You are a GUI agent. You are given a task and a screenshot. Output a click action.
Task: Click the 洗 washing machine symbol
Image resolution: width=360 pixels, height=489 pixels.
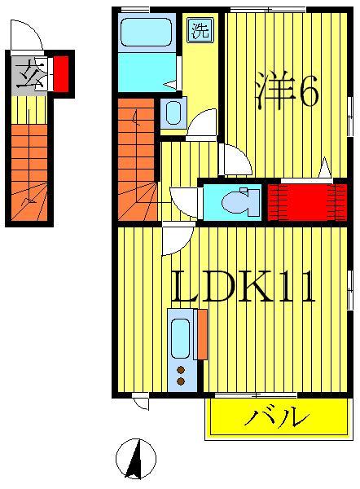[x=199, y=32]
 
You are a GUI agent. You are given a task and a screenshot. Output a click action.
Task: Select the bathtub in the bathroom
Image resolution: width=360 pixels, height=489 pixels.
[x=144, y=34]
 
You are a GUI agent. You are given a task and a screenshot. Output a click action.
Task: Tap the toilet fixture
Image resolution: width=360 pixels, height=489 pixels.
[x=233, y=200]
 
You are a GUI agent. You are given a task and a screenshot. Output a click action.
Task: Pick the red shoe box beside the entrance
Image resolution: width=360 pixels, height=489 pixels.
[x=60, y=73]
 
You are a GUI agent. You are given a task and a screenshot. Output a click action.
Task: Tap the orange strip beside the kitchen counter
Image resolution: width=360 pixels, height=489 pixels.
[x=200, y=334]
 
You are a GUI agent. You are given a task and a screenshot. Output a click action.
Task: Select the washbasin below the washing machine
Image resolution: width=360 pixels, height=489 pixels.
[x=173, y=113]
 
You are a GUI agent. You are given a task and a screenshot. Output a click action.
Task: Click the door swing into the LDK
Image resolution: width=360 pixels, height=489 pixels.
[x=177, y=240]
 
